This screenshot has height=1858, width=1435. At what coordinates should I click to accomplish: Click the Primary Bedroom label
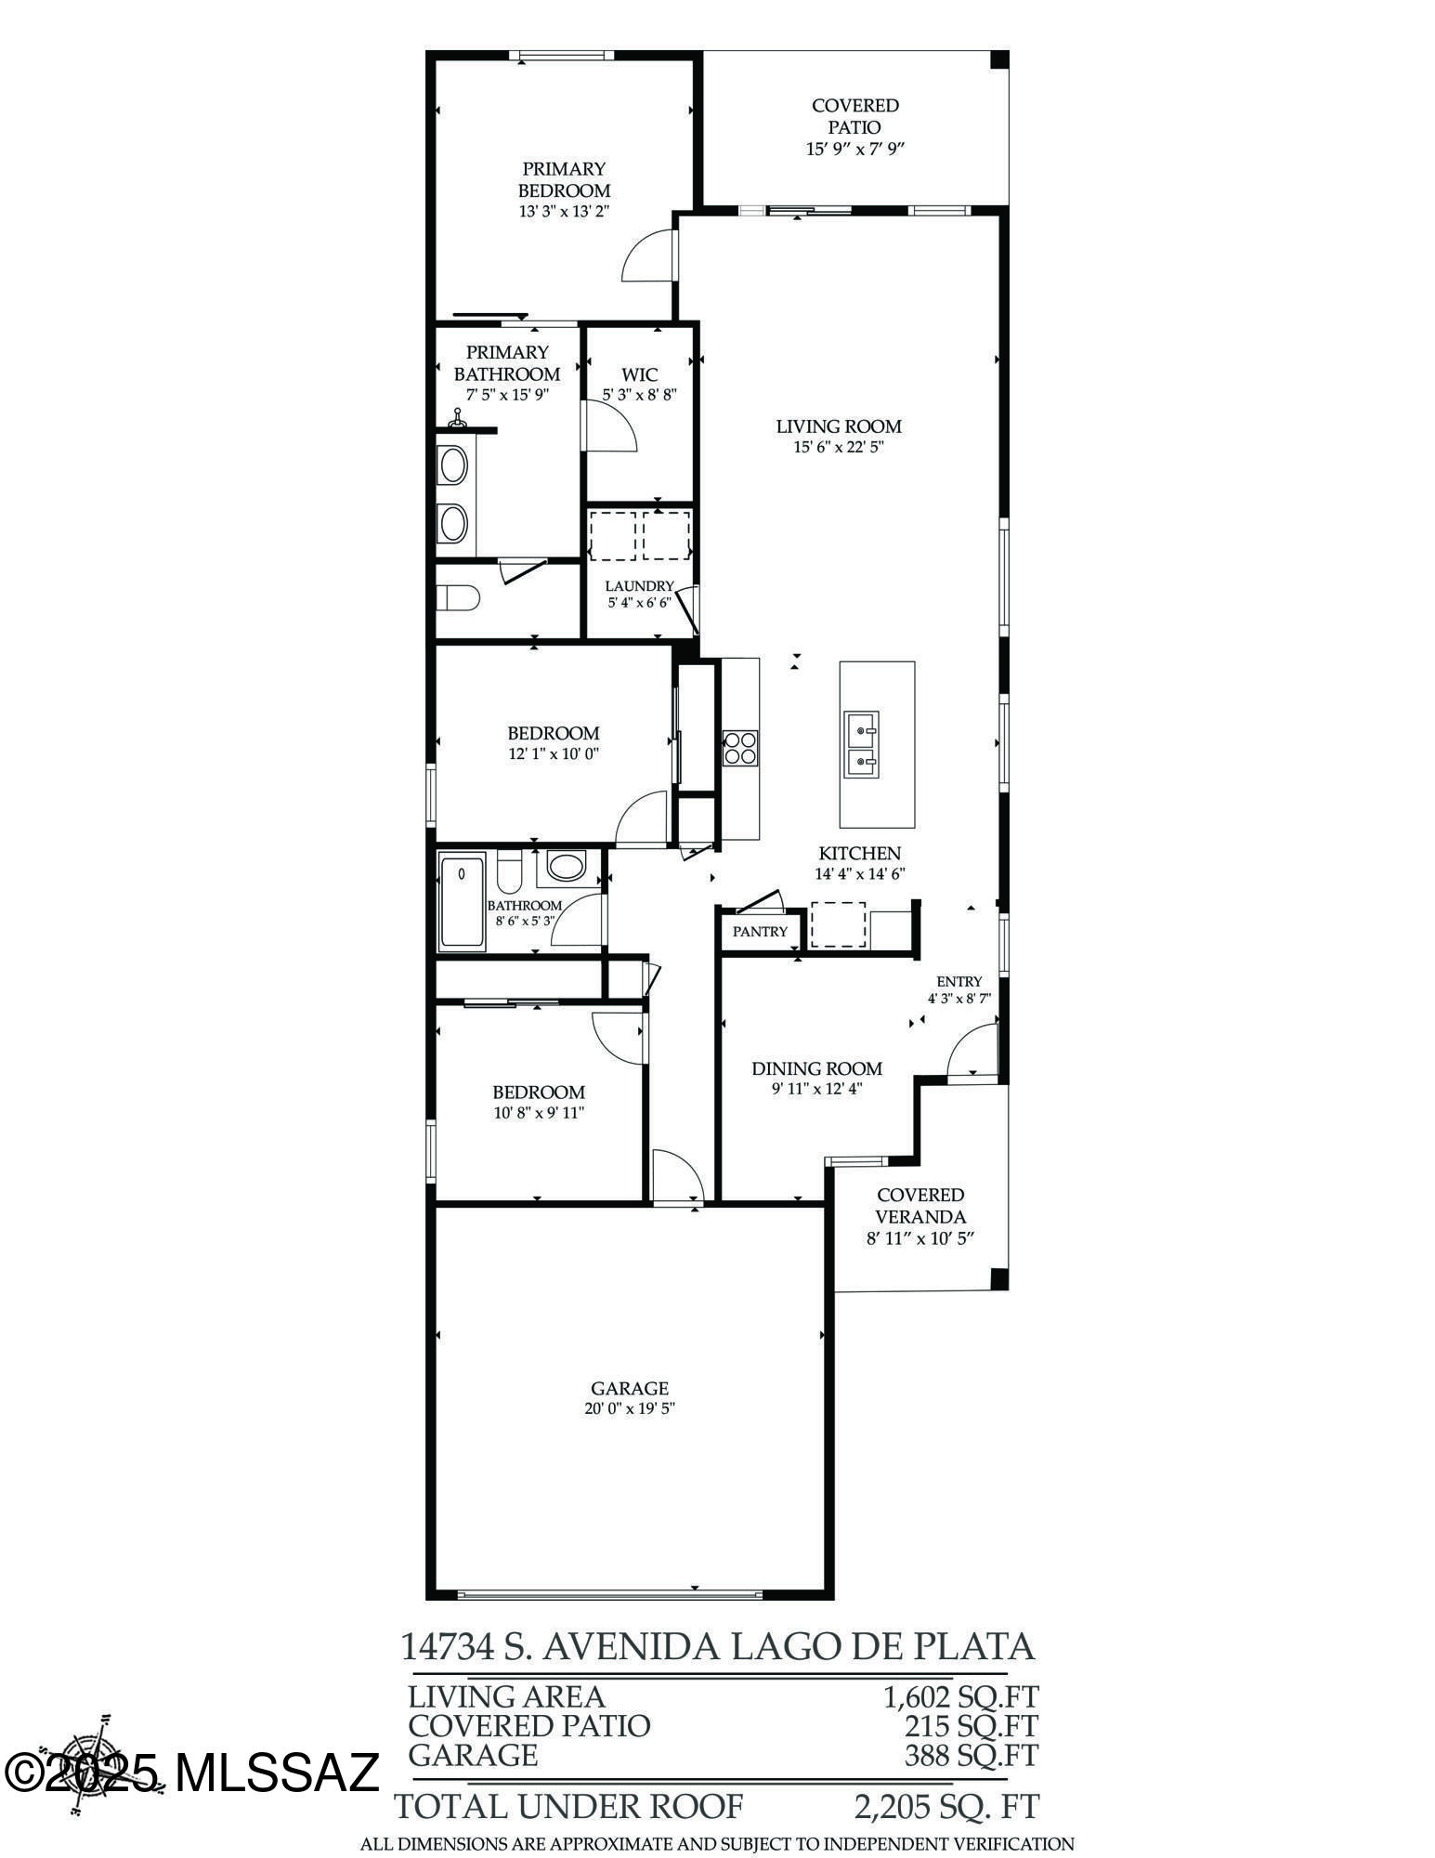(564, 179)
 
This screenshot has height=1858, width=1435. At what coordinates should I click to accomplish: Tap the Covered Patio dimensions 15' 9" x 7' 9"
(854, 149)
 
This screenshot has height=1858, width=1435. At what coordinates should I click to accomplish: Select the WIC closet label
(639, 374)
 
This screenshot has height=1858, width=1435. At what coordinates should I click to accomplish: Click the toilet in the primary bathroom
(458, 598)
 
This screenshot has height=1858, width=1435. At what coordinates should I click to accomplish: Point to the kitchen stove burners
(740, 748)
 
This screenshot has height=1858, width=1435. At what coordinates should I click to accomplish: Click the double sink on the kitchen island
(861, 744)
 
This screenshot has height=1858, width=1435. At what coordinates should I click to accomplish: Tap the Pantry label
(760, 931)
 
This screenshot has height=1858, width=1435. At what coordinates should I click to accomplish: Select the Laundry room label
(639, 586)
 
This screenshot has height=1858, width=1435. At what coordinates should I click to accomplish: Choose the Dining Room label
(816, 1068)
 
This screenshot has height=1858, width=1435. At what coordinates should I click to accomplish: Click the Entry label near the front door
(959, 981)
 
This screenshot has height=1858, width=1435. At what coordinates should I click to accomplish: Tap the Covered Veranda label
(920, 1206)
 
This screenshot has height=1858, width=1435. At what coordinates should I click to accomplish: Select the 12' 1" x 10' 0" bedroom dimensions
(554, 754)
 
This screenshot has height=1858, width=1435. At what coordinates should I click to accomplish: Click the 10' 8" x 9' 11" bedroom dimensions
(539, 1112)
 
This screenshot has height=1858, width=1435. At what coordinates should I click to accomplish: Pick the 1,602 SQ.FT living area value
(959, 1697)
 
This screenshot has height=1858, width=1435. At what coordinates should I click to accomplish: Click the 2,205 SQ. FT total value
(946, 1807)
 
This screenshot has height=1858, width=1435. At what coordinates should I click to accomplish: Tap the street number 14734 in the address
(447, 1647)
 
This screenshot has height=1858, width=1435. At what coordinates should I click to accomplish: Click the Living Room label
(839, 426)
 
